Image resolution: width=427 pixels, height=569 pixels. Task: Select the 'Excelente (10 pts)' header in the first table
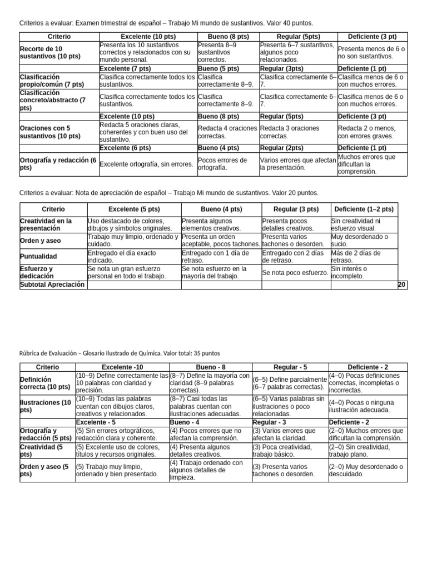147,36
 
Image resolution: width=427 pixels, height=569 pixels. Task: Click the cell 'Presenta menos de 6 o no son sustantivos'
371,52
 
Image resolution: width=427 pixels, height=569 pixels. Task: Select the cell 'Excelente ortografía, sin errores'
145,164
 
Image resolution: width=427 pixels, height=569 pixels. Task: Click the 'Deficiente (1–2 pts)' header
364,209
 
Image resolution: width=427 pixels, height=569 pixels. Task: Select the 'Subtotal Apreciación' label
52,284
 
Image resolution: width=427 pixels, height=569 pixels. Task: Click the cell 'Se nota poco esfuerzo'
295,272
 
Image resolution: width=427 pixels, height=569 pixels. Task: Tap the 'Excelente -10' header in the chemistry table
122,367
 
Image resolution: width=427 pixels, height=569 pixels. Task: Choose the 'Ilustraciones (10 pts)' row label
46,406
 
